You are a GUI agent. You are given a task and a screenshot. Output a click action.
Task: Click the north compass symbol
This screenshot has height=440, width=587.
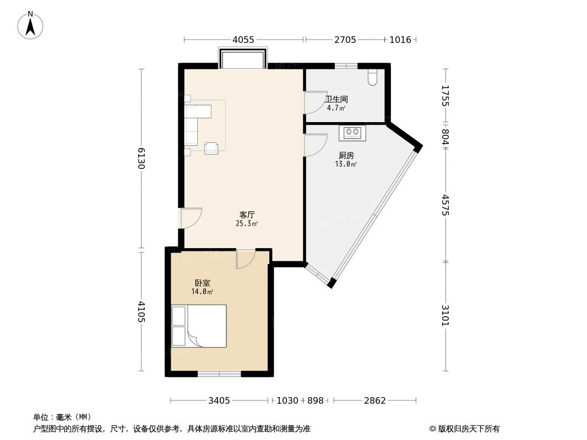31,25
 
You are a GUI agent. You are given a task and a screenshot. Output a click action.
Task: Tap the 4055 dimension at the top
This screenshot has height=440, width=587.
243,40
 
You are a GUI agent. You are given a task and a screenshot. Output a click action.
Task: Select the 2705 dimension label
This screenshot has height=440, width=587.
345,40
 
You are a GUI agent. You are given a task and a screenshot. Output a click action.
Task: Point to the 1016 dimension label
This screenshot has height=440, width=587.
400,40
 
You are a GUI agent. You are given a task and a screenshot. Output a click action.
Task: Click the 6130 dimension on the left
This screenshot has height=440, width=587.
142,158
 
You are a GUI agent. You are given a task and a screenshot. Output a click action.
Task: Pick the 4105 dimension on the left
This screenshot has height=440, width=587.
142,312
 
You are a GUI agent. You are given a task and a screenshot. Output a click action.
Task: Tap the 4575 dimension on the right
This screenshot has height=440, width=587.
445,205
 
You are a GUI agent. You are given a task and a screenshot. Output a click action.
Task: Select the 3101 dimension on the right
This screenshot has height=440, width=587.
445,316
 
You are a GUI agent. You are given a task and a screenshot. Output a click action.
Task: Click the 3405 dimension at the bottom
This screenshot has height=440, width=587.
219,401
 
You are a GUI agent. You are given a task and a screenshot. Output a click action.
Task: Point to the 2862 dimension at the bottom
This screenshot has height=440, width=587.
374,401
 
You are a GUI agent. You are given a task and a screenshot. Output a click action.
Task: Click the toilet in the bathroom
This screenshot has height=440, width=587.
373,78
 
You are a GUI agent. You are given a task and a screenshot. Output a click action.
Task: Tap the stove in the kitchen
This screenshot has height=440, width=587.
352,132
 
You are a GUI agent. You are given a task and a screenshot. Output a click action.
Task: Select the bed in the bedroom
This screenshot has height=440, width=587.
199,326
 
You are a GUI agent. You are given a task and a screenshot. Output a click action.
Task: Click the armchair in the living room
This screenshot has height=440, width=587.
211,148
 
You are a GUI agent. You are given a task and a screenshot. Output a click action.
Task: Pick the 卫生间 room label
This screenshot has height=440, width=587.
336,100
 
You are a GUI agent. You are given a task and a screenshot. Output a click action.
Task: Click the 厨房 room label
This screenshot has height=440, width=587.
346,155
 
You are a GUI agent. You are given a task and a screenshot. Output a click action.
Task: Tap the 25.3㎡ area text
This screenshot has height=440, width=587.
247,224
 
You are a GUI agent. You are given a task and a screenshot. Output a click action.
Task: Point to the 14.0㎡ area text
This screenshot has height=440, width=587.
202,291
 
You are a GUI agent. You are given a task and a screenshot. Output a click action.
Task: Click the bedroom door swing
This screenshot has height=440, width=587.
246,258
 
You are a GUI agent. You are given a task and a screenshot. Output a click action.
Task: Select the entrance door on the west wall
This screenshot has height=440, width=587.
191,217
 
